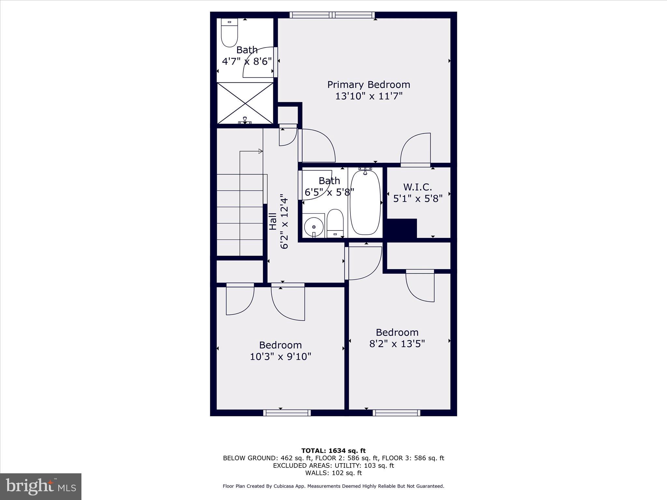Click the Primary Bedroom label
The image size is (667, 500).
[368, 85]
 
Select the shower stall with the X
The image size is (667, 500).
[245, 103]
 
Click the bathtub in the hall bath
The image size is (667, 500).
[365, 202]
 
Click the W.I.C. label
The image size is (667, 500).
[418, 187]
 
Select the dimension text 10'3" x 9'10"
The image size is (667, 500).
[280, 357]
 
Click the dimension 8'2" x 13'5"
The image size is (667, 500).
[397, 344]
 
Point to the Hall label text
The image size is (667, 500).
[273, 221]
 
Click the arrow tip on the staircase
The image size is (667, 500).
[261, 151]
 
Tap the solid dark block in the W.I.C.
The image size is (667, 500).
[401, 228]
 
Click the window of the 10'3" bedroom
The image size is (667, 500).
[287, 413]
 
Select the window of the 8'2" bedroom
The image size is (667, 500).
[396, 413]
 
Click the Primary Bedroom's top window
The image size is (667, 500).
[332, 15]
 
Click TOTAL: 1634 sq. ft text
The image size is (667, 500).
[333, 451]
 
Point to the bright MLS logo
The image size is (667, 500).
[40, 486]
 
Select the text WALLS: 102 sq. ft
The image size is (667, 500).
[333, 473]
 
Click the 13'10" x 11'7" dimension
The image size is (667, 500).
[369, 96]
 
